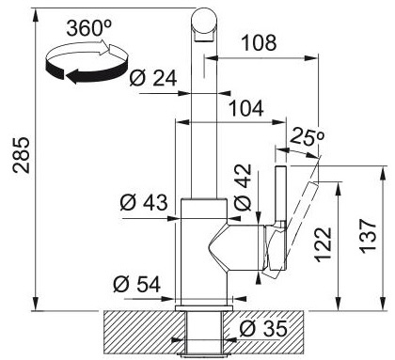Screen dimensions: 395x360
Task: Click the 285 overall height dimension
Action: (22, 155)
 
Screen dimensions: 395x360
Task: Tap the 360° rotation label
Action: (89, 28)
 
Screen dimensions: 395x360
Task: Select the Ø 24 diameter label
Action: (153, 78)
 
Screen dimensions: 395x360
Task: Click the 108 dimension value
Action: (260, 42)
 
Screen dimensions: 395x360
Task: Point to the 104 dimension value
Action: (246, 108)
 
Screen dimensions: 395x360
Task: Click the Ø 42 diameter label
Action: (243, 187)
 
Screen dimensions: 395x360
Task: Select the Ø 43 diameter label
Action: (144, 202)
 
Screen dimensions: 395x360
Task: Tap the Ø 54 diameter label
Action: (137, 284)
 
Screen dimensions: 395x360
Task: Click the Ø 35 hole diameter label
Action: (263, 329)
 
